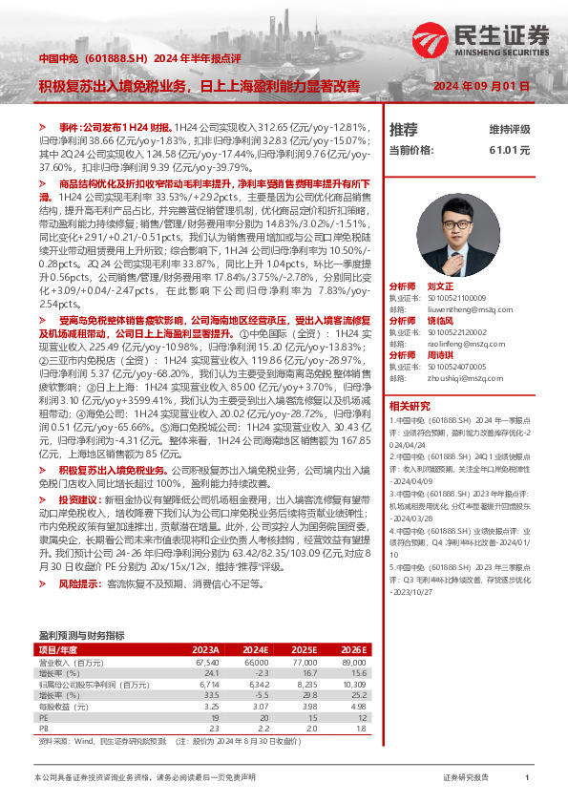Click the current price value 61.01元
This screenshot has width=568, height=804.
510,150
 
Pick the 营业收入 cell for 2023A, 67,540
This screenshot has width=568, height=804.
220,661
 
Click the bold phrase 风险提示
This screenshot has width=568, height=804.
79,582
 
